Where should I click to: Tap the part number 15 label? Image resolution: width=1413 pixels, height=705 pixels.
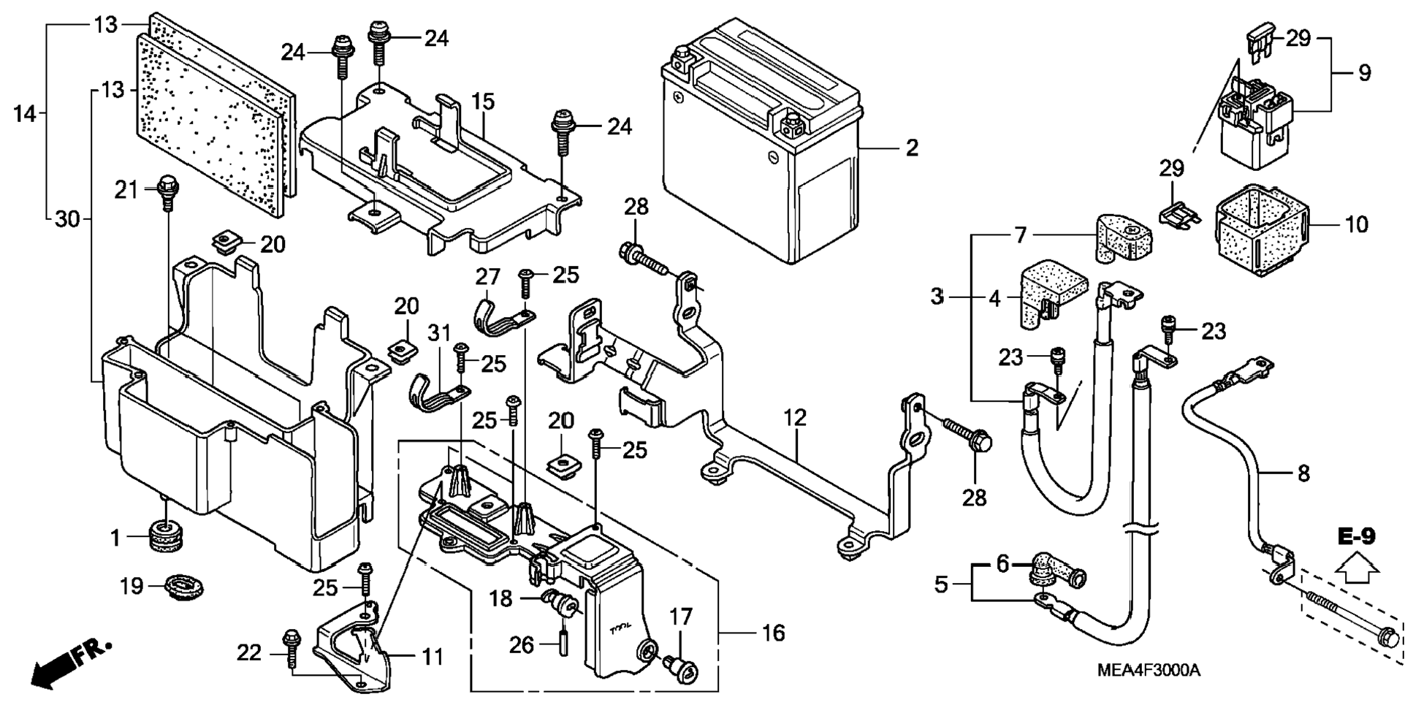tap(483, 102)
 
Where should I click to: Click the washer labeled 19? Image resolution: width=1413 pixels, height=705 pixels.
tap(183, 587)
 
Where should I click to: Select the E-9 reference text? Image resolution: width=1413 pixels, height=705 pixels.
tap(1357, 536)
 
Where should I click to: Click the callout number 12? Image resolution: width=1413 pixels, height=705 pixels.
tap(795, 418)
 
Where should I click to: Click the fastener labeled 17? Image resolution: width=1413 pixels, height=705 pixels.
tap(681, 666)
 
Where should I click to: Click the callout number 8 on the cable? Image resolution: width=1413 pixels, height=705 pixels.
tap(1304, 473)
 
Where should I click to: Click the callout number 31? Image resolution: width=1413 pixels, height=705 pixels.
tap(439, 334)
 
